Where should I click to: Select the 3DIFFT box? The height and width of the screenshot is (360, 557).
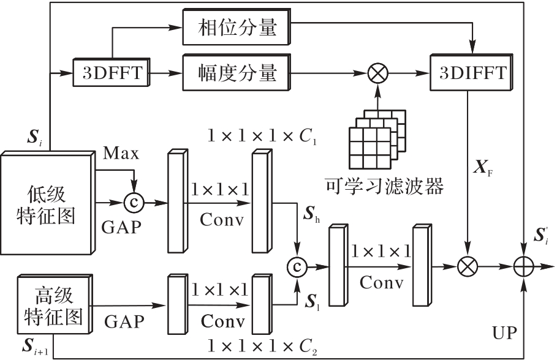472,74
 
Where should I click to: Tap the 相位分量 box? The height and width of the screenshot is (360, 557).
237,27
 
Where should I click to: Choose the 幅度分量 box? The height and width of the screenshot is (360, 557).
237,74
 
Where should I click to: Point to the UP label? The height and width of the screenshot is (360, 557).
504,334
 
